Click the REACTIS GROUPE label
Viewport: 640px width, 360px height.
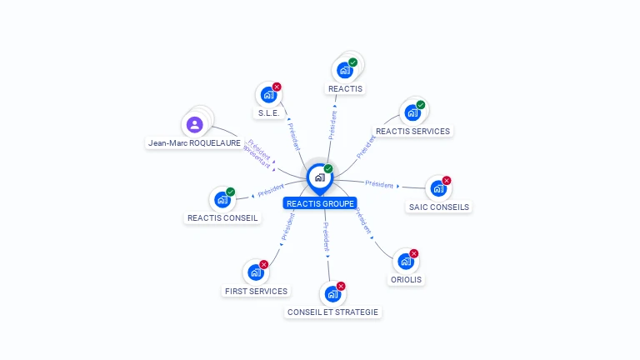pos(320,203)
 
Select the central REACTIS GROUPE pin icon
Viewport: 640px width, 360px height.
pos(319,177)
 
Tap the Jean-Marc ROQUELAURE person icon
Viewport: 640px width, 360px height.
pos(194,125)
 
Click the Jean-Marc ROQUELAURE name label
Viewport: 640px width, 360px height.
pos(194,143)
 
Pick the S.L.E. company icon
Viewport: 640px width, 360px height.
pos(267,94)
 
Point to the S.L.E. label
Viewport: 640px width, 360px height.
pos(267,112)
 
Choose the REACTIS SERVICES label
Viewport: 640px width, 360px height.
pos(412,131)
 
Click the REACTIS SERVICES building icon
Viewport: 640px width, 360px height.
pos(411,112)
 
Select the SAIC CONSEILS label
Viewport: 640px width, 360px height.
pos(439,207)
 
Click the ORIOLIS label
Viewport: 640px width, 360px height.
pos(406,280)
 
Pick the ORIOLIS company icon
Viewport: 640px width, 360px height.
pos(406,261)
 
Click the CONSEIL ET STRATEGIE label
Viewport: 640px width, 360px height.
pos(332,312)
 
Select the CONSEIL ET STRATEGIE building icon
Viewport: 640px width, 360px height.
pos(332,293)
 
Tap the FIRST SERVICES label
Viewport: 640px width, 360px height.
pos(256,291)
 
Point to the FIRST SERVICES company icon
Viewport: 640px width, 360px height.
pos(255,272)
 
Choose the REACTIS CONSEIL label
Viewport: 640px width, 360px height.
pos(222,218)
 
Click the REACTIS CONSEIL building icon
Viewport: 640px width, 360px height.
pos(222,199)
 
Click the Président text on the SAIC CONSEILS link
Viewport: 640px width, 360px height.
pos(379,184)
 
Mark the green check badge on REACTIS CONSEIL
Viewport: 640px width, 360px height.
pos(231,192)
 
